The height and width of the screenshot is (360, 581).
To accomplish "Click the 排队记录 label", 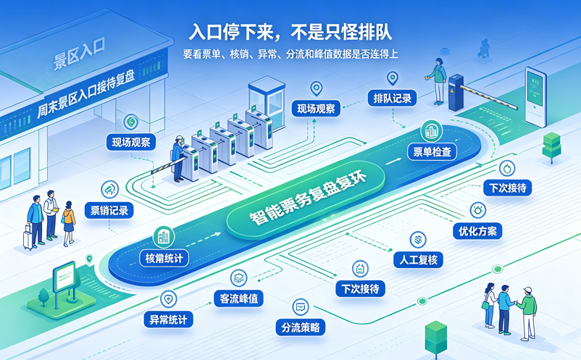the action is click(393, 99).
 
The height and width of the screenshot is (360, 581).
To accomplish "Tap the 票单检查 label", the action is click(432, 152).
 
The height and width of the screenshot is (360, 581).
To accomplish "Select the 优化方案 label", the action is click(477, 232).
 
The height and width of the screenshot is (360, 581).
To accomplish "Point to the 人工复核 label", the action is click(418, 260).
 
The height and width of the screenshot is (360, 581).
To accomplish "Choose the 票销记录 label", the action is click(109, 210).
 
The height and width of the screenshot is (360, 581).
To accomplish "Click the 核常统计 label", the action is click(164, 258).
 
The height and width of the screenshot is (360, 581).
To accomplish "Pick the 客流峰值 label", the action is click(239, 298).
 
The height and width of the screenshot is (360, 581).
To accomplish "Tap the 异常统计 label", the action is click(169, 319).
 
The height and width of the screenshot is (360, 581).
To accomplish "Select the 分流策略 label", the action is click(301, 327).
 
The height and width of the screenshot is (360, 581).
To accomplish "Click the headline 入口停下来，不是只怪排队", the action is click(290, 32).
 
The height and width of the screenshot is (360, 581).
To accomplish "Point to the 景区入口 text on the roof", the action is click(79, 54).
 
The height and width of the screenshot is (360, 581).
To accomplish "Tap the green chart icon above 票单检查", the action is click(431, 130).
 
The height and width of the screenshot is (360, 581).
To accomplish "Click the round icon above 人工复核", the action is click(418, 240).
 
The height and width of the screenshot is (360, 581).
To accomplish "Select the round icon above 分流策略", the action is click(301, 307).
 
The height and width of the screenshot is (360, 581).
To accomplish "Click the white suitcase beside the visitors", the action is click(28, 236).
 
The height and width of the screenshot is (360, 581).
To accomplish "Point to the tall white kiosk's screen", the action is click(535, 89).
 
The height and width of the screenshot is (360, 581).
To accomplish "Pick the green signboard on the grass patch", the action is click(64, 276).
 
